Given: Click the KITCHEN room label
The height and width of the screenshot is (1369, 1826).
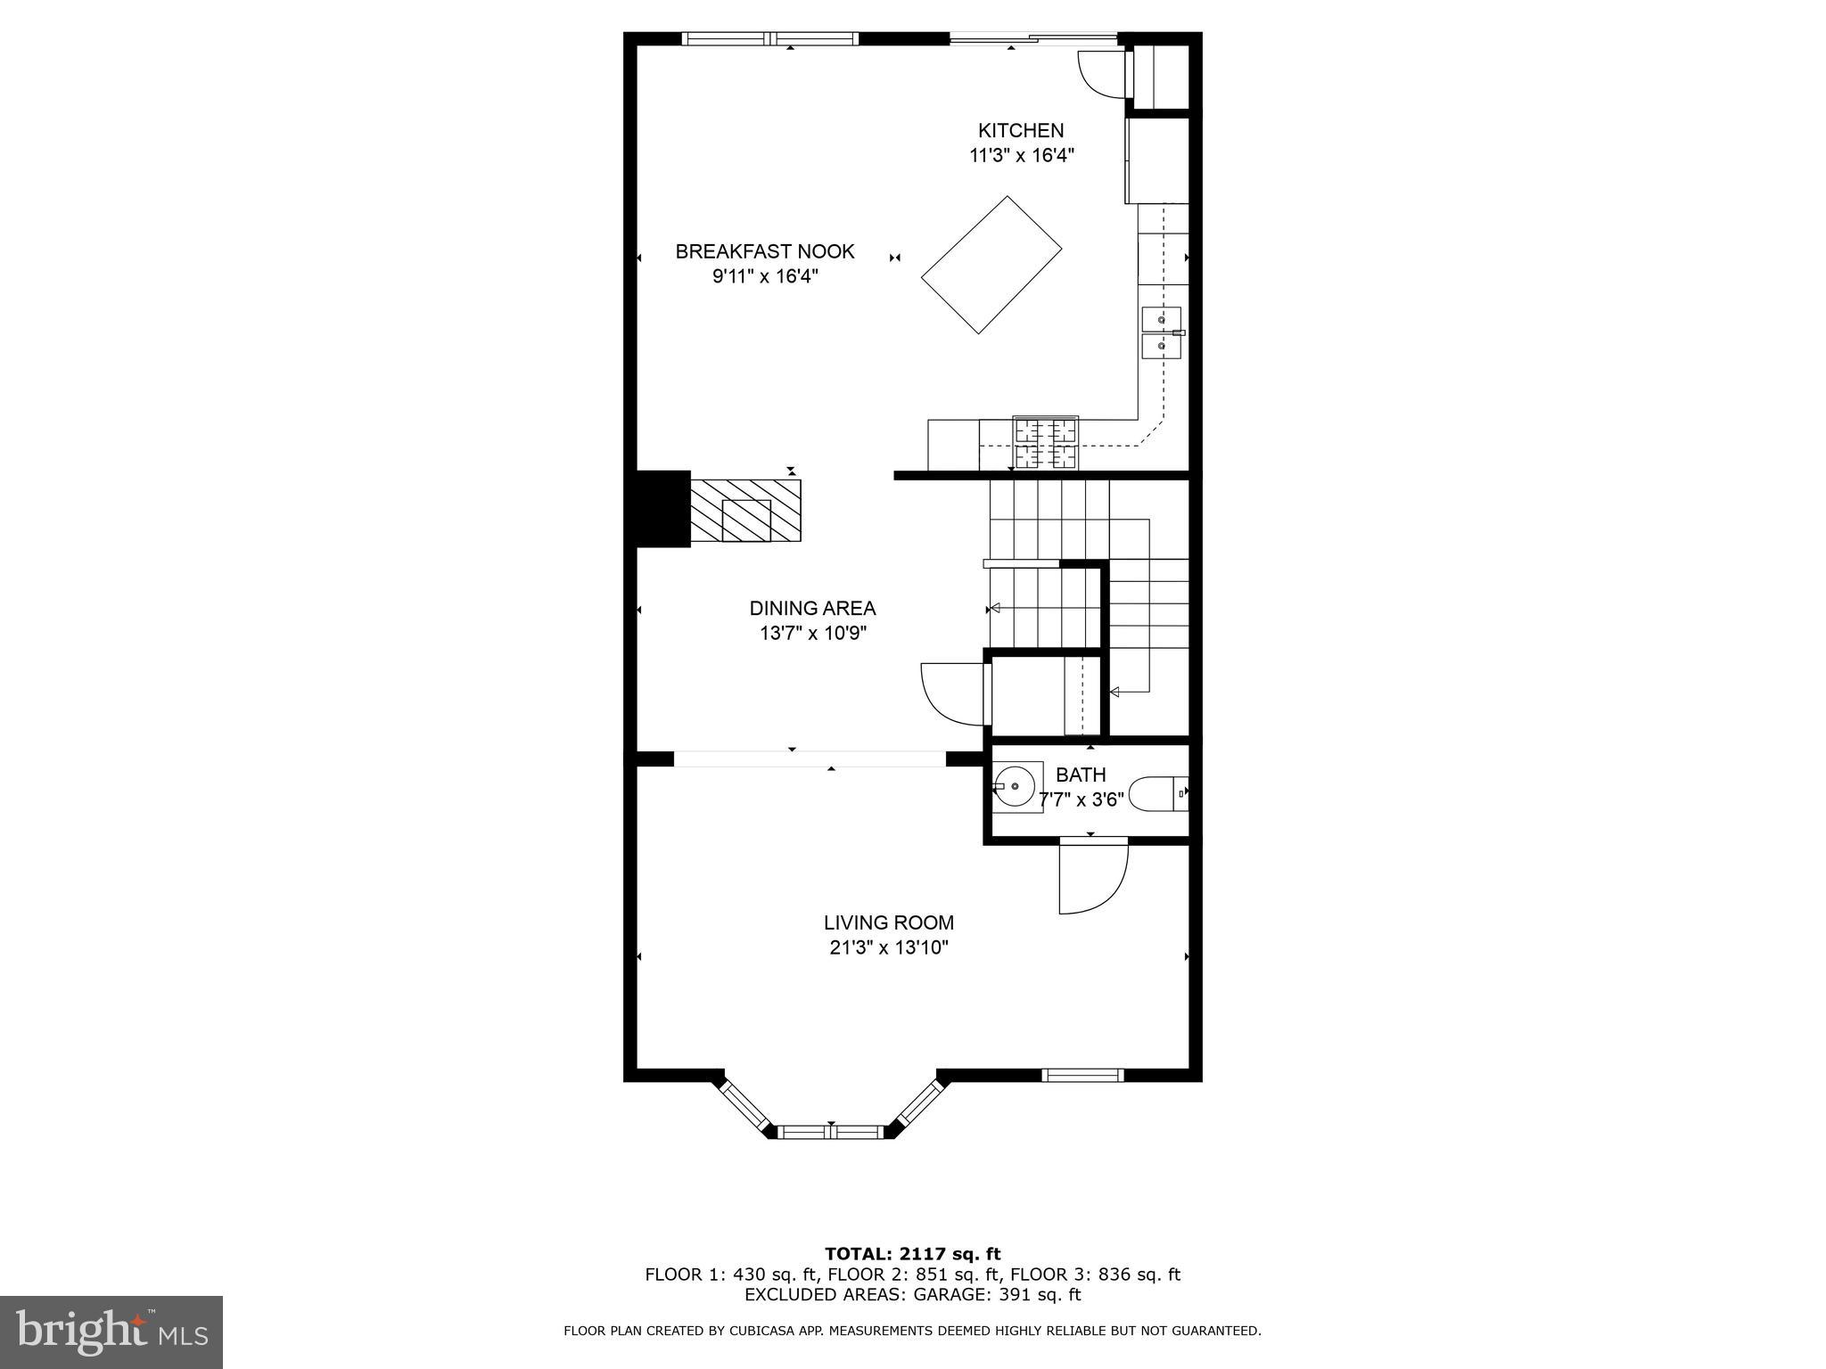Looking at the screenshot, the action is pos(1021,130).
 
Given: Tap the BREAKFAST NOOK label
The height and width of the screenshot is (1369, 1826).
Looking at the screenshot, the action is pos(765,251).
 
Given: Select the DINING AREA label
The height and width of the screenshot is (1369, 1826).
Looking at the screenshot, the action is pos(812,608).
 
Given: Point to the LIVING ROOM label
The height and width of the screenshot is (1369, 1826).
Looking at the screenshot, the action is pos(888,922).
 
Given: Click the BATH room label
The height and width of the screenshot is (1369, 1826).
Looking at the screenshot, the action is pos(1081,775).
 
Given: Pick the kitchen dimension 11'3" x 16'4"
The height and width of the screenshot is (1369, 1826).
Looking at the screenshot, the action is pos(1022,155).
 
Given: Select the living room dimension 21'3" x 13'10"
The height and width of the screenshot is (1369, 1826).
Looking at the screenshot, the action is pos(889,947).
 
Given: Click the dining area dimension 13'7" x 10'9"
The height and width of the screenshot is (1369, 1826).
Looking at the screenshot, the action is pos(813,633).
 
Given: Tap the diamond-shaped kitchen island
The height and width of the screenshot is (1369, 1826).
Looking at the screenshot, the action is pos(991,265).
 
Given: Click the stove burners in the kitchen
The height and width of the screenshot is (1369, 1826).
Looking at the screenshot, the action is pos(1045,443).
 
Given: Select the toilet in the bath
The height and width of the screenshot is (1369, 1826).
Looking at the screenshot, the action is pos(1158,793).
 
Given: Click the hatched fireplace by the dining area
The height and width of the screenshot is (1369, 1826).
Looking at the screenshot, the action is pos(745,511).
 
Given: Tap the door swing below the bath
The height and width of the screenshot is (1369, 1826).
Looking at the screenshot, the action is pos(1093,877).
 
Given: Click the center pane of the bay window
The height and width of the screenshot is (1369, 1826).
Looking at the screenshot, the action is pos(831,1132).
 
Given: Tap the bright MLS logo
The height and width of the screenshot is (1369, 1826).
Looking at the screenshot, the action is pos(111,1332).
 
